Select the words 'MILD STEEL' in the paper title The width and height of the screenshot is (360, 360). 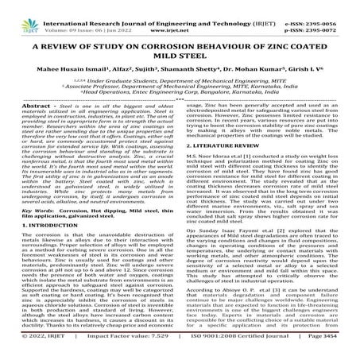pyautogui.click(x=180, y=54)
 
